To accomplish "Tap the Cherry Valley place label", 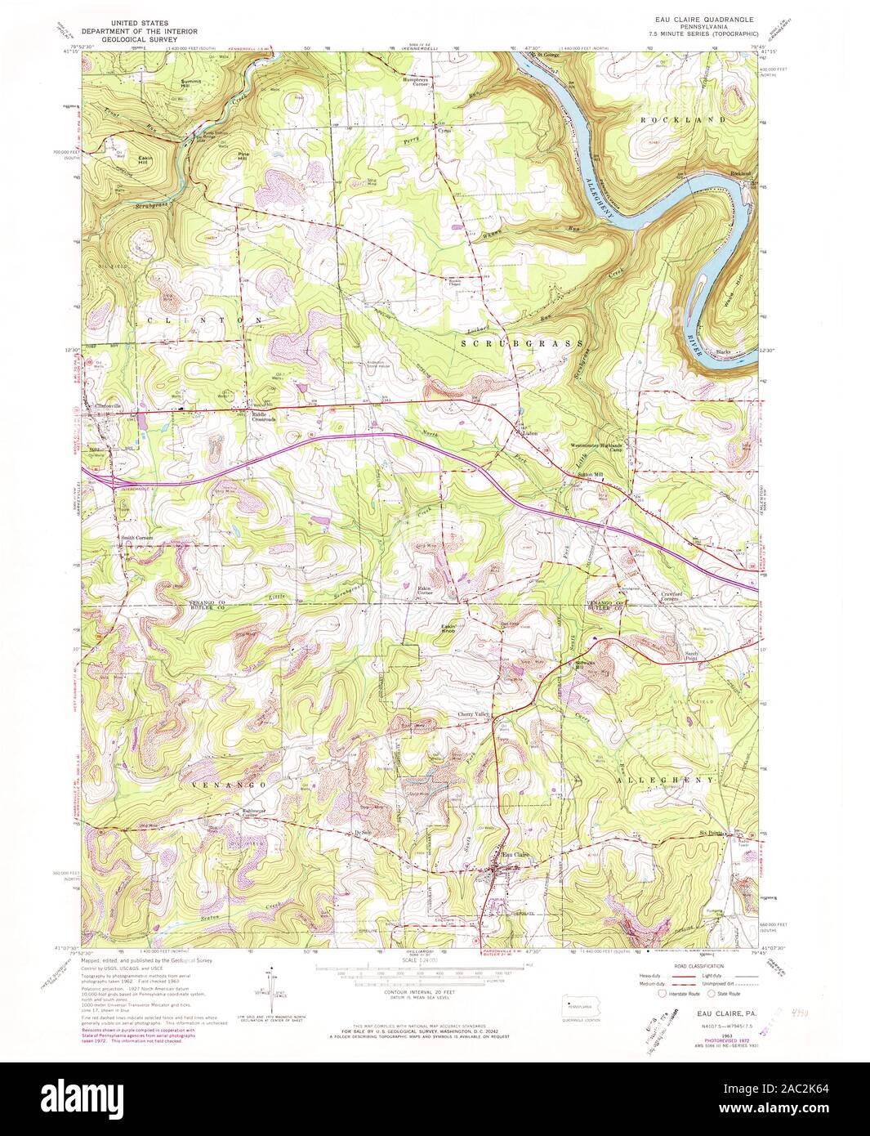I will coord(471,714).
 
